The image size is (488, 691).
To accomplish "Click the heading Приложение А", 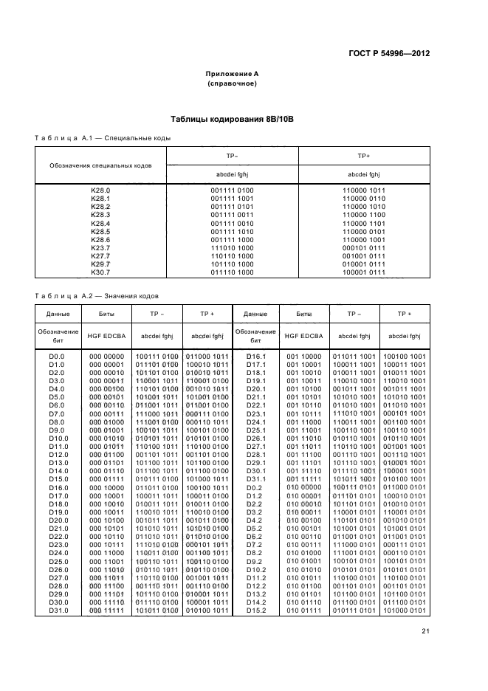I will click(232, 75).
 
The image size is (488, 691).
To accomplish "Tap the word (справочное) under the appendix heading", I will click(232, 84).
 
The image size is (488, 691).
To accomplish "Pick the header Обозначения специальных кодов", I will click(100, 165).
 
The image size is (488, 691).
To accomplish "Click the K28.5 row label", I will click(100, 231).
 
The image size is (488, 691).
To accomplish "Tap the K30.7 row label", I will click(100, 272).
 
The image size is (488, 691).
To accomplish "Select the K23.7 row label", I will click(100, 247).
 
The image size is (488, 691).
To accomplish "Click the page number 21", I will click(425, 630).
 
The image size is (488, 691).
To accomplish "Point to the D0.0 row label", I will click(58, 356).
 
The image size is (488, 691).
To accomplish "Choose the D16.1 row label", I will click(255, 356).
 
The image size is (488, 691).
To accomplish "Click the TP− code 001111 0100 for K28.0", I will click(232, 190).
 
